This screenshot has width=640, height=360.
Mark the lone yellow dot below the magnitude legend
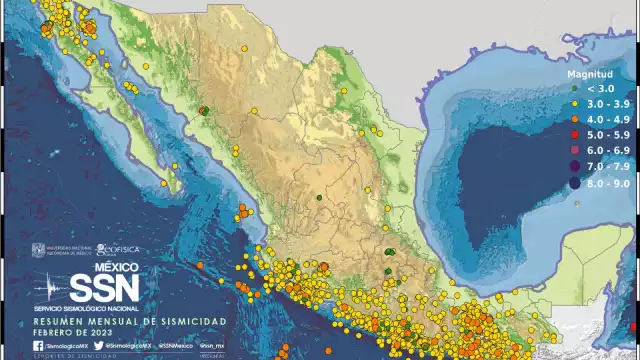point(579,203)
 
